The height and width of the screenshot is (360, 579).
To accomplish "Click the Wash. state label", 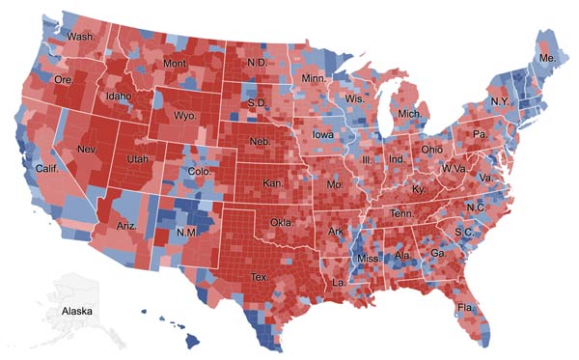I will coord(81,39).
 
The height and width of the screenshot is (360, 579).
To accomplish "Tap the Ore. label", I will coord(64,79).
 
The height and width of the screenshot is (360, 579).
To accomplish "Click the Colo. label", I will coord(197,174).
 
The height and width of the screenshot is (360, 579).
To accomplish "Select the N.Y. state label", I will coord(500,101).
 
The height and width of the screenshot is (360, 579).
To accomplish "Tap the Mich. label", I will coord(410,114).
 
